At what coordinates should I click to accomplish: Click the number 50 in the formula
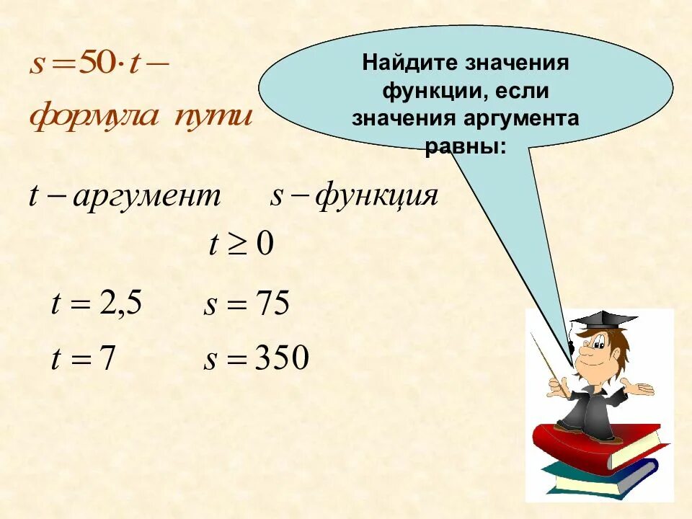[x=92, y=65]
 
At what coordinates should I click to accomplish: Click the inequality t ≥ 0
[x=241, y=246]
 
